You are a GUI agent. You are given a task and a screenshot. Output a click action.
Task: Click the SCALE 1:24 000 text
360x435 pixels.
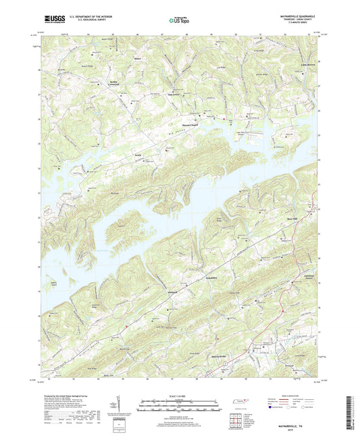click(179, 396)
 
